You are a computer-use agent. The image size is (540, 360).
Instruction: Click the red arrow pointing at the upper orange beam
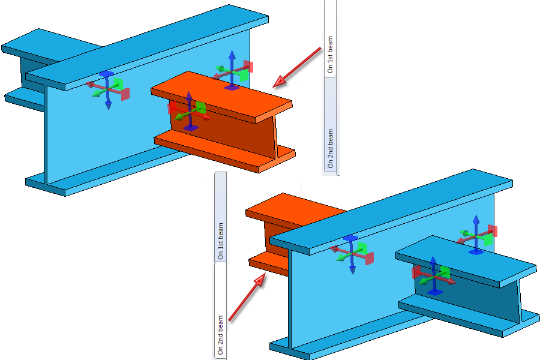point(297,67)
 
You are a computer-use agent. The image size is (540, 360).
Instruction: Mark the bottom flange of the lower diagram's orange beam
point(267,264)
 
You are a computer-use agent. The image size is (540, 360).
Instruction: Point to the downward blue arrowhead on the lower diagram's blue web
point(352,270)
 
